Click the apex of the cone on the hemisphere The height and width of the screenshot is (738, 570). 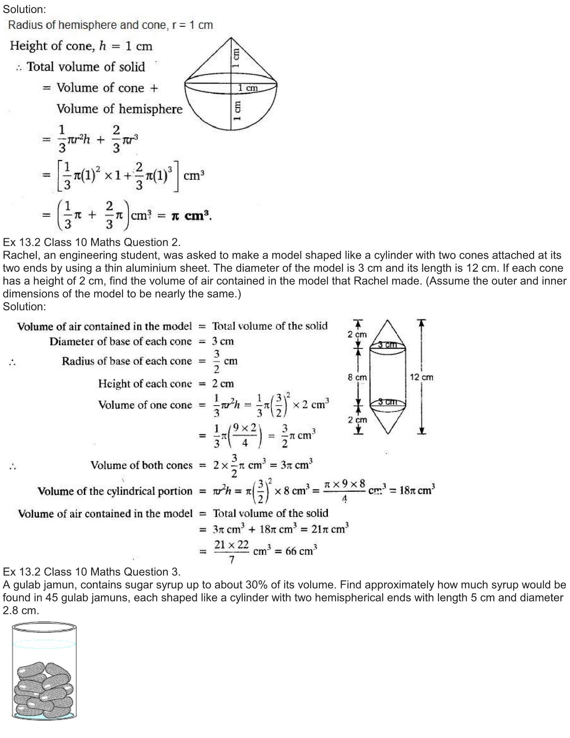pos(231,38)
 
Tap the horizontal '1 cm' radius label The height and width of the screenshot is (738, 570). pos(247,88)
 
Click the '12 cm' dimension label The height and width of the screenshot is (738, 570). pos(421,377)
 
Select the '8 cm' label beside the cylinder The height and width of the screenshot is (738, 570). pos(357,377)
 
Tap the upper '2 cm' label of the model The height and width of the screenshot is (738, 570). pos(357,334)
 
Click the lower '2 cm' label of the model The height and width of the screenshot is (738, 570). pos(357,420)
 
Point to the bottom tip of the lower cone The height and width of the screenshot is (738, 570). pos(388,433)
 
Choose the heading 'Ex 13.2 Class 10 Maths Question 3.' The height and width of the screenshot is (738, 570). pos(92,572)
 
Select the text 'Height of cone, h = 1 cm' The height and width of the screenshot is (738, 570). pos(81,46)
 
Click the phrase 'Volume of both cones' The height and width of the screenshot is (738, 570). pos(141,465)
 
